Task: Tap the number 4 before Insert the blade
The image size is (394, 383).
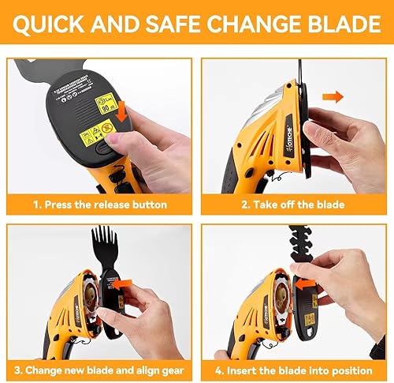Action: (x=223, y=370)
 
